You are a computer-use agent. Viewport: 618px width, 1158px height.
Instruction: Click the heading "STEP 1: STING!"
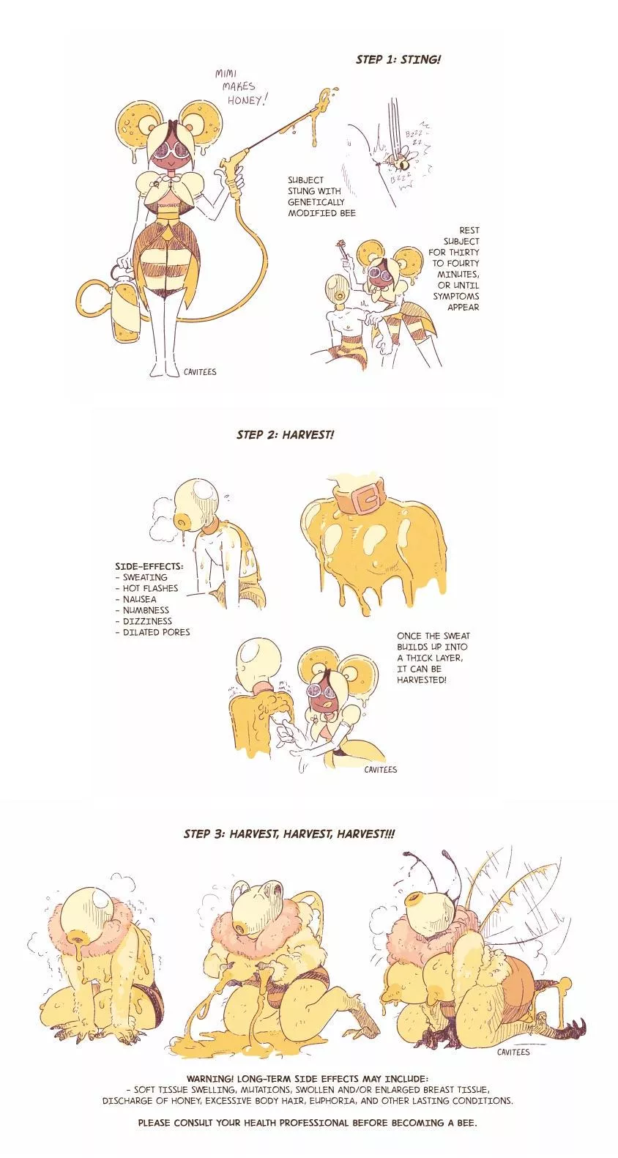pyautogui.click(x=398, y=59)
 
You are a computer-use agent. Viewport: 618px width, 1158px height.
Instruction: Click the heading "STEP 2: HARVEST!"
pyautogui.click(x=285, y=434)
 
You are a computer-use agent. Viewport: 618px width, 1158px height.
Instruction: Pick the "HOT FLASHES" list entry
pyautogui.click(x=150, y=588)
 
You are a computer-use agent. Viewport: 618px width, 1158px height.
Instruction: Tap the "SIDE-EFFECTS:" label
pyautogui.click(x=149, y=566)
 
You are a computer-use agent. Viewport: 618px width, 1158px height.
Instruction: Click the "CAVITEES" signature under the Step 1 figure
pyautogui.click(x=200, y=371)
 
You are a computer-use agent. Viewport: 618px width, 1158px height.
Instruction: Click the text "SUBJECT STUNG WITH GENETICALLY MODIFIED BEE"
pyautogui.click(x=321, y=196)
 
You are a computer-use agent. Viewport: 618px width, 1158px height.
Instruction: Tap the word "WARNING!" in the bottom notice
pyautogui.click(x=211, y=1079)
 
